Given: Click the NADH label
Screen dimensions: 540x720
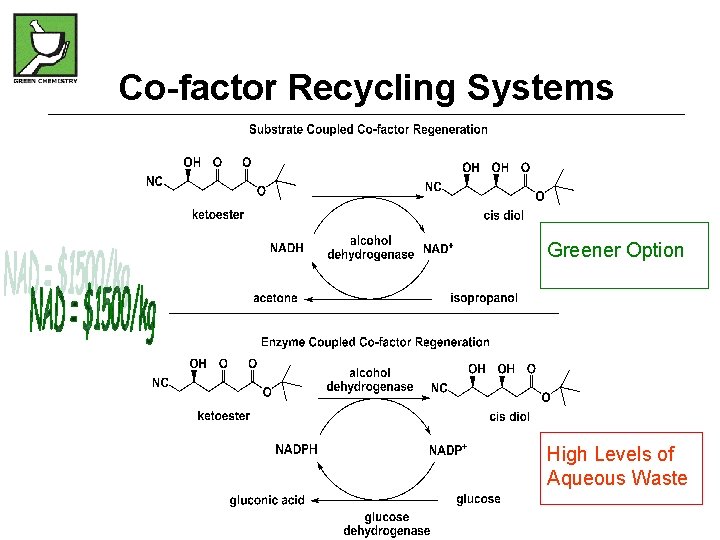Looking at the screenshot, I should pyautogui.click(x=287, y=248).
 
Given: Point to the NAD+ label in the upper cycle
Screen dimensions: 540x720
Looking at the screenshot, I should pyautogui.click(x=438, y=248).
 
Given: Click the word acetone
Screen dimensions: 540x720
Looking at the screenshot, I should pyautogui.click(x=275, y=298).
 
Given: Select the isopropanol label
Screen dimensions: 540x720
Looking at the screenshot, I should pyautogui.click(x=484, y=298).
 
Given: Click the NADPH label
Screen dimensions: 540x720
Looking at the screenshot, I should pyautogui.click(x=296, y=449).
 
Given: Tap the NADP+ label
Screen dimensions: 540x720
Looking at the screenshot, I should pyautogui.click(x=448, y=449).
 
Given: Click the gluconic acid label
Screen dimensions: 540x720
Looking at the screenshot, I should pyautogui.click(x=267, y=500).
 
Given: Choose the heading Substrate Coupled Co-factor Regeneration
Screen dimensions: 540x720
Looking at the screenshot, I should pyautogui.click(x=368, y=129).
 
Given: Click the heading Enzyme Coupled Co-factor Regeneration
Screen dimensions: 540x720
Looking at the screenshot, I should pyautogui.click(x=375, y=342).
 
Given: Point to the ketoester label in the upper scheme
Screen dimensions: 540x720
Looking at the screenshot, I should pyautogui.click(x=218, y=214).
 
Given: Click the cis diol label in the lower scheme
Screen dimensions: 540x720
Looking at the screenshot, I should pyautogui.click(x=510, y=416).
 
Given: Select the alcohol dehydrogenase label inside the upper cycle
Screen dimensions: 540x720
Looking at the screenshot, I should pyautogui.click(x=370, y=247).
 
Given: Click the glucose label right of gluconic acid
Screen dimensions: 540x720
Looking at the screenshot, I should pyautogui.click(x=478, y=499).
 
